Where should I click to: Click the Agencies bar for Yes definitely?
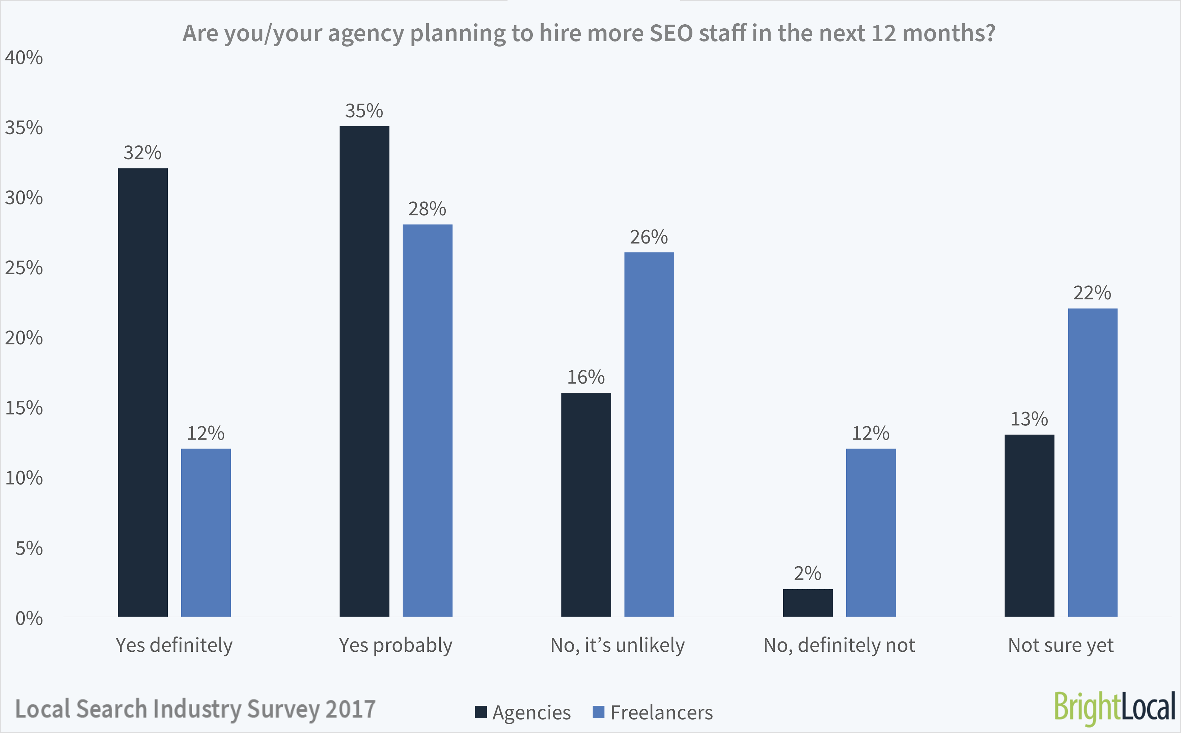(142, 392)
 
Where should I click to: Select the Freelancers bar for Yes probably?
(427, 420)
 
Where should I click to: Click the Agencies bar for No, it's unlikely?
(586, 504)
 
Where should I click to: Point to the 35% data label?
(364, 111)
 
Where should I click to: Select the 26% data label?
(649, 237)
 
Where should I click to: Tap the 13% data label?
(1029, 419)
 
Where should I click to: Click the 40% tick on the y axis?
(24, 58)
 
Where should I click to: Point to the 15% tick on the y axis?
(24, 408)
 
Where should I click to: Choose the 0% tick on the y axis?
(29, 619)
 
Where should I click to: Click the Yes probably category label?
(395, 645)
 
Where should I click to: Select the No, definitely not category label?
(839, 645)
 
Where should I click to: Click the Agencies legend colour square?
(480, 712)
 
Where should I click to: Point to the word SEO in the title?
(671, 33)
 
